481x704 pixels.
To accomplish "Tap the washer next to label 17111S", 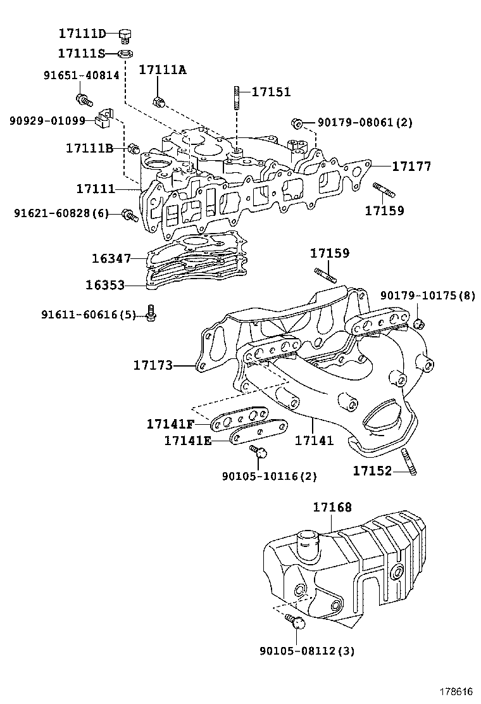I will pos(125,54).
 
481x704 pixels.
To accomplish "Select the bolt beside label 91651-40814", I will pos(83,99).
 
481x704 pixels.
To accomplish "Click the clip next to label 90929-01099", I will pos(104,118).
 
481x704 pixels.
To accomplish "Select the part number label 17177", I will pos(411,167).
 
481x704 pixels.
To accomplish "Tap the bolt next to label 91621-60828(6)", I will pos(129,216).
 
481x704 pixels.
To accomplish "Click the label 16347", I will pos(111,258).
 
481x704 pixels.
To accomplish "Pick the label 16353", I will pos(105,285).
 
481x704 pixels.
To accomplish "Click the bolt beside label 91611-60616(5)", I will pos(151,313).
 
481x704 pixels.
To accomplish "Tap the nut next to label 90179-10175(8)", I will pos(418,324).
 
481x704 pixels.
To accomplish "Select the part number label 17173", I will pos(153,365).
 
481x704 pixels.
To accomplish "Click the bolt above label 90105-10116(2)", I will pos(259,452).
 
